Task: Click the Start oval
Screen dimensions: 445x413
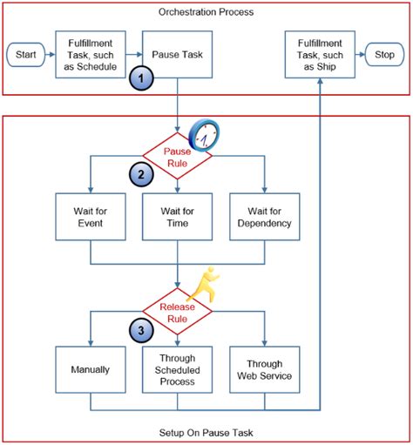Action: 24,55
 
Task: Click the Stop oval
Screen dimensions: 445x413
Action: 383,55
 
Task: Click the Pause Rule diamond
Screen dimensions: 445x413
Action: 178,155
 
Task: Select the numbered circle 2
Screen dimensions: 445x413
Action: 139,174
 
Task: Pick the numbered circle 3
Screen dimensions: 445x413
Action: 139,330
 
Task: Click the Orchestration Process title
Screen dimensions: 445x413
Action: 206,11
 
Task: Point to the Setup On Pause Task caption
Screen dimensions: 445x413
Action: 206,432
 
